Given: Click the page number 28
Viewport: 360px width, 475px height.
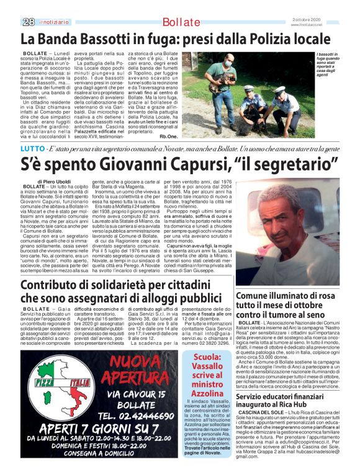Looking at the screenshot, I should (x=27, y=22).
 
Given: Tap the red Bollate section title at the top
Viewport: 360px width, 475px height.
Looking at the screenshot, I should (x=181, y=22).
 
